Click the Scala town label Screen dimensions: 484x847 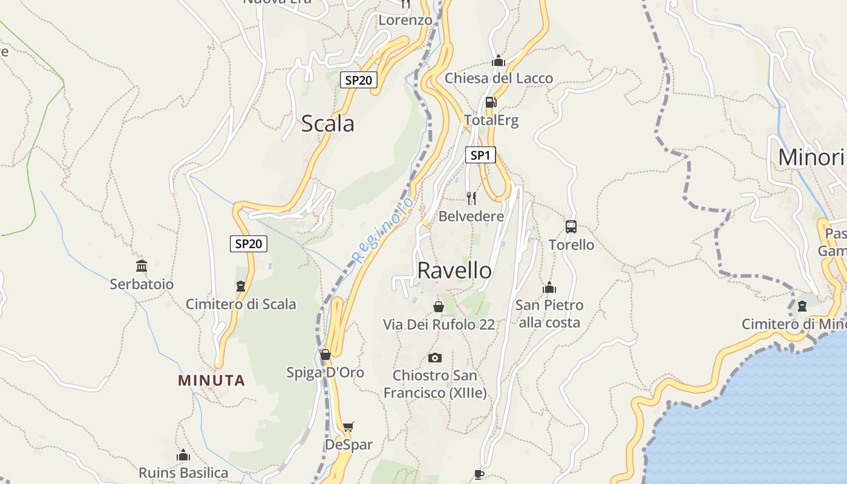pyautogui.click(x=327, y=123)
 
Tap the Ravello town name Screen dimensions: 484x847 pyautogui.click(x=454, y=270)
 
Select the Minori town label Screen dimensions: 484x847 pyautogui.click(x=811, y=157)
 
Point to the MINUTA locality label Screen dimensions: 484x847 pyautogui.click(x=212, y=381)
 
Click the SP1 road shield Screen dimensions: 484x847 pyautogui.click(x=480, y=155)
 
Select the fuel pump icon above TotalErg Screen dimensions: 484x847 pyautogui.click(x=491, y=102)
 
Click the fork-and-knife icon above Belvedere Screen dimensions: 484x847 pyautogui.click(x=471, y=198)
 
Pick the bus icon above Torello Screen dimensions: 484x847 pyautogui.click(x=571, y=227)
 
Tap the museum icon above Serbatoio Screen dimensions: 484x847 pyautogui.click(x=142, y=266)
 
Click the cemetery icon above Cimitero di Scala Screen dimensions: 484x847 pyautogui.click(x=241, y=286)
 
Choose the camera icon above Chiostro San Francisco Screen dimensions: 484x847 pyautogui.click(x=434, y=358)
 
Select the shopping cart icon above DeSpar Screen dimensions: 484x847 pyautogui.click(x=348, y=427)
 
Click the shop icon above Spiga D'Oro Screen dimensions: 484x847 pyautogui.click(x=325, y=355)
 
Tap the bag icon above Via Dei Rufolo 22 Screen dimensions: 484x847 pyautogui.click(x=439, y=307)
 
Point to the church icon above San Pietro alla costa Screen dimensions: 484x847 pyautogui.click(x=549, y=287)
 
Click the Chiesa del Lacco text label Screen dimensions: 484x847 pyautogui.click(x=499, y=78)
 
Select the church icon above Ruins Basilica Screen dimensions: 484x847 pyautogui.click(x=183, y=455)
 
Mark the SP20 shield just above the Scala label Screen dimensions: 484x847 pyautogui.click(x=359, y=80)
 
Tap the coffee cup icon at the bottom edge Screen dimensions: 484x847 pyautogui.click(x=479, y=475)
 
